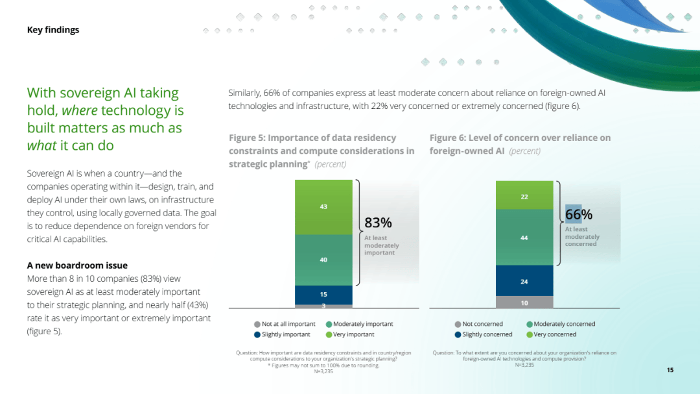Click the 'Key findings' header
click(x=52, y=30)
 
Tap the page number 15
click(x=670, y=370)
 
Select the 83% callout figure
click(x=378, y=223)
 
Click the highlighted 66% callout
click(x=578, y=214)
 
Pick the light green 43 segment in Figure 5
click(x=323, y=207)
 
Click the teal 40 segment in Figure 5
click(x=323, y=260)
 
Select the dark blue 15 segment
click(x=323, y=295)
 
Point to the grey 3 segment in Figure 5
click(x=323, y=306)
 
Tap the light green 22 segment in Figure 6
click(x=524, y=196)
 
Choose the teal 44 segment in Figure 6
click(x=524, y=238)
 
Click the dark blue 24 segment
click(x=524, y=281)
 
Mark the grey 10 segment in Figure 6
click(x=524, y=302)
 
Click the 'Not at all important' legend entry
click(x=285, y=324)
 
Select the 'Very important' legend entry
click(x=350, y=334)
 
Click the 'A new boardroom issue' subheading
click(x=77, y=265)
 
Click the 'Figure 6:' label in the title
click(x=447, y=138)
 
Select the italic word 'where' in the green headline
click(x=79, y=110)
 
